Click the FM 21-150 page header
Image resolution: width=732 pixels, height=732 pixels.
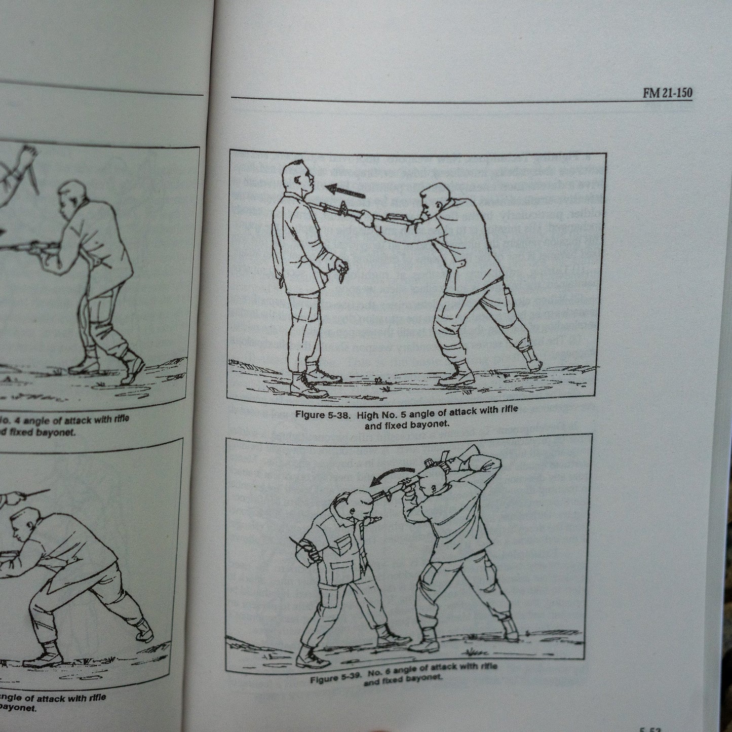tap(667, 93)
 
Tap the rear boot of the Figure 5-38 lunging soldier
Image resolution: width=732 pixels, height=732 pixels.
tap(531, 360)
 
